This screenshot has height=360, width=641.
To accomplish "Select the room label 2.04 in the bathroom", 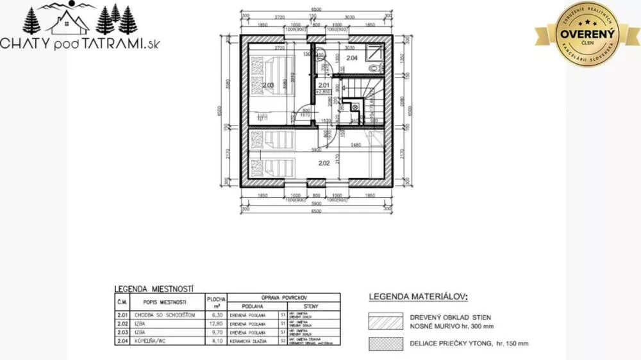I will (x=351, y=58).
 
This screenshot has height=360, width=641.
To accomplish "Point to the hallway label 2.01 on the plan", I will (x=324, y=85).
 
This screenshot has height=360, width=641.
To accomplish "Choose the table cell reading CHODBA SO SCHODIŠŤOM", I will (x=161, y=315).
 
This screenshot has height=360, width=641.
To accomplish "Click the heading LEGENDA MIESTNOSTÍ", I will (x=154, y=289).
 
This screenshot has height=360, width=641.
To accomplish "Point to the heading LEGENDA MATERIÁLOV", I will (x=418, y=297).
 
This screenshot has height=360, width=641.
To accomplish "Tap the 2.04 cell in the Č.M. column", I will (x=122, y=340).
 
